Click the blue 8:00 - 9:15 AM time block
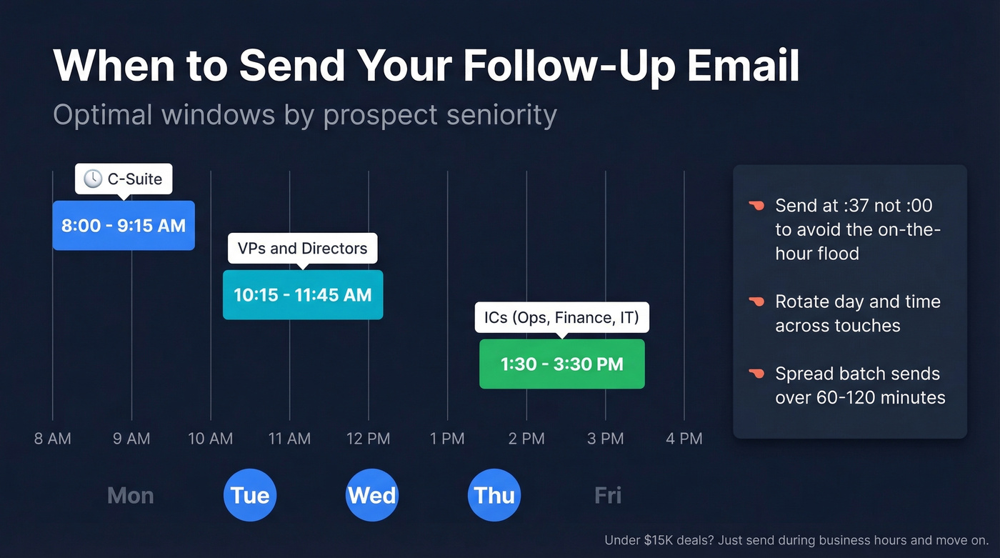point(124,226)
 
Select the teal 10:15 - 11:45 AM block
point(303,294)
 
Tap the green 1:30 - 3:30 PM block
point(561,364)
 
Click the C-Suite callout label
point(124,179)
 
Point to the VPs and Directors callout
point(302,249)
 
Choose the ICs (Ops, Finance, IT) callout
point(561,317)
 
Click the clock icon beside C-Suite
point(93,179)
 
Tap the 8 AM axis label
point(53,439)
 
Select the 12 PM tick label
point(369,439)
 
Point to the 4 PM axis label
point(684,439)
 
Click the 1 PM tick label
point(447,439)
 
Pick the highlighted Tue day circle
point(250,495)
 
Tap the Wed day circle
point(371,495)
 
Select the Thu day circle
point(494,495)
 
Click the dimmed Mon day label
point(130,495)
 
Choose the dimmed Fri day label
point(608,495)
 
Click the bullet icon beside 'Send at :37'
point(756,206)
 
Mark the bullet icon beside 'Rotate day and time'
point(756,302)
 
